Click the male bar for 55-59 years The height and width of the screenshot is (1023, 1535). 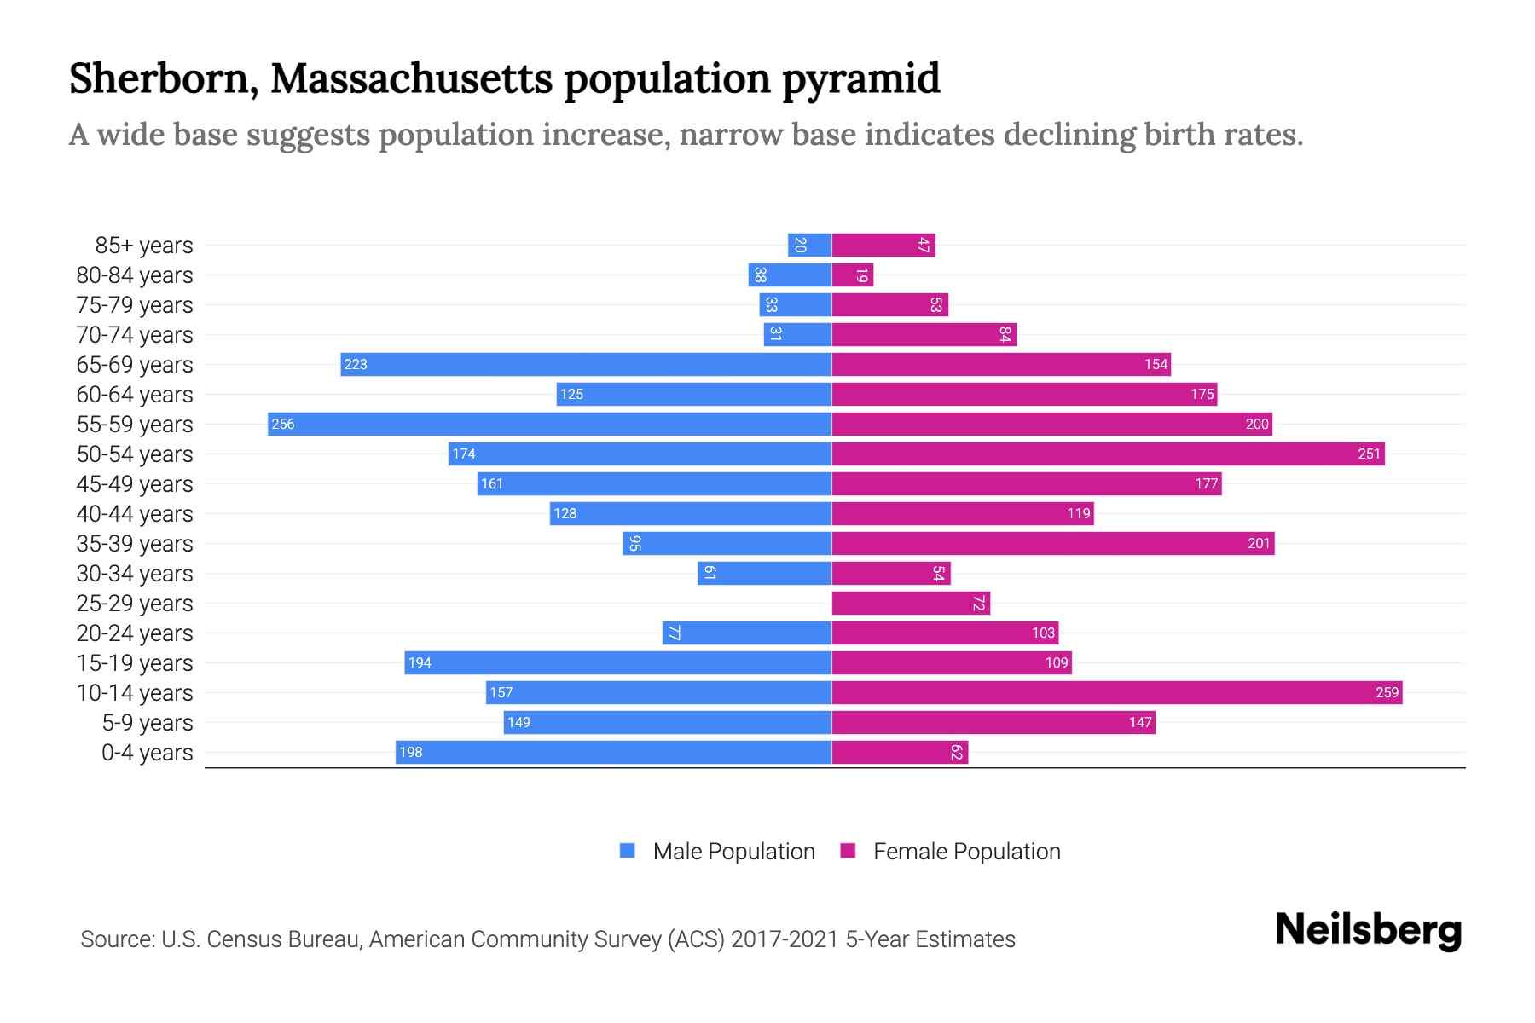549,424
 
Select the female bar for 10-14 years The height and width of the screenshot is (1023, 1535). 1116,692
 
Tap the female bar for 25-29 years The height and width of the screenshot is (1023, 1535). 910,603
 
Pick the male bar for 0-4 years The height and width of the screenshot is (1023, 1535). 613,752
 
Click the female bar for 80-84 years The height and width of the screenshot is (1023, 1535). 852,275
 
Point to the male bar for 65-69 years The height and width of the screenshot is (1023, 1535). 586,364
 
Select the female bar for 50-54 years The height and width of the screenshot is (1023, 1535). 1108,454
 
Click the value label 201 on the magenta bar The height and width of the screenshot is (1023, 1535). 1259,543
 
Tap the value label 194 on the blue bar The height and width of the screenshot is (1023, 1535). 420,662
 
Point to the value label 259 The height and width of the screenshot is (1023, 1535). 1387,692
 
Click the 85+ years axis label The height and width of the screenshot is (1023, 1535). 144,246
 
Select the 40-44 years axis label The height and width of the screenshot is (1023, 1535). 135,514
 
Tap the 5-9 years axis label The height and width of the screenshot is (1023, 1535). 148,723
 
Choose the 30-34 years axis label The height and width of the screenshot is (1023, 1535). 135,574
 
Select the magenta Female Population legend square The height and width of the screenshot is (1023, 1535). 848,851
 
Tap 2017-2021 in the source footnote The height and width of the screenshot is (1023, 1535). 785,939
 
